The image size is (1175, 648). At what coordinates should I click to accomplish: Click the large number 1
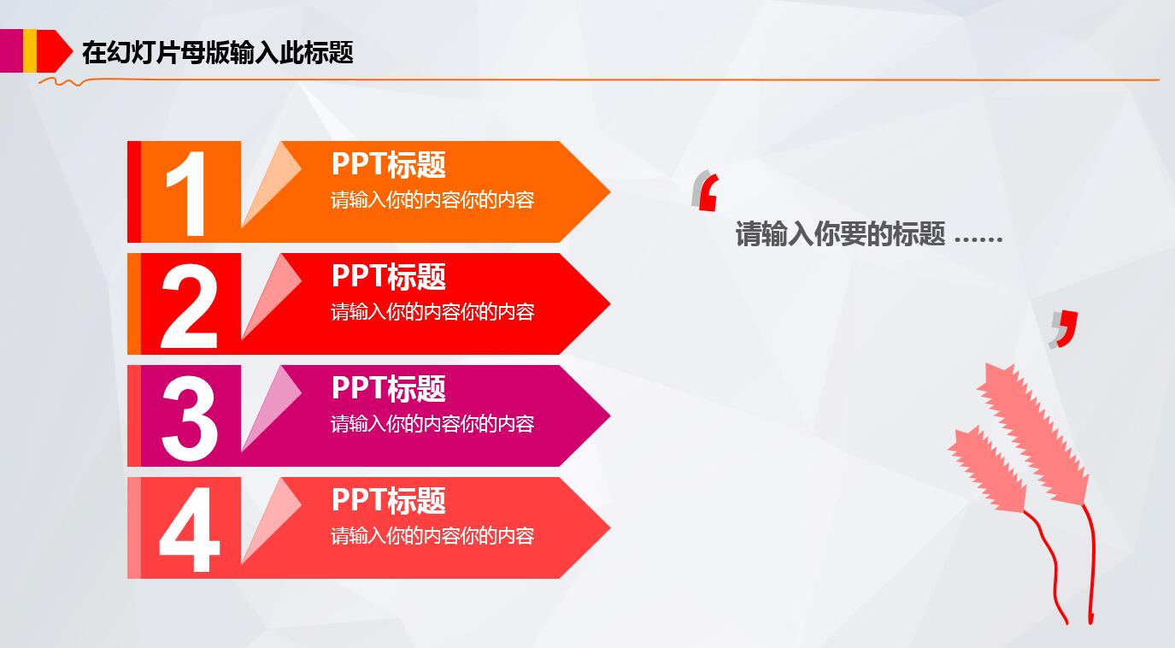coord(186,194)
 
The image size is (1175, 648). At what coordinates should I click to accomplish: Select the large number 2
coord(189,305)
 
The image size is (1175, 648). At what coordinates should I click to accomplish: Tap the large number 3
coord(189,417)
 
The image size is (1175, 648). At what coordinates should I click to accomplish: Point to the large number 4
coord(189,529)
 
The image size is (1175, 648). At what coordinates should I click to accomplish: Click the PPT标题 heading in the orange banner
coord(388,164)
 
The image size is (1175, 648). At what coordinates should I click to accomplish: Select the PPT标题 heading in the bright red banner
coord(388,276)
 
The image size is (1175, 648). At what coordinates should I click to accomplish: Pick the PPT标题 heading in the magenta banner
coord(388,388)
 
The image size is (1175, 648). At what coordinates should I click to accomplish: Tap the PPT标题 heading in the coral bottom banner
coord(388,500)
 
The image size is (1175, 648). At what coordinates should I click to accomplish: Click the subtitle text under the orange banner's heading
coord(432,200)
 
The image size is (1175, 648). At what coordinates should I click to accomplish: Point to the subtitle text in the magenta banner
coord(432,424)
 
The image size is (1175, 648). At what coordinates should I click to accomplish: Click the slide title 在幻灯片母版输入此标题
coord(217,53)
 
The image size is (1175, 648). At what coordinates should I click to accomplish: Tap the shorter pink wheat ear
coord(987,469)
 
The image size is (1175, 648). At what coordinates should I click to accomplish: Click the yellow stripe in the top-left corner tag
coord(30,50)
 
